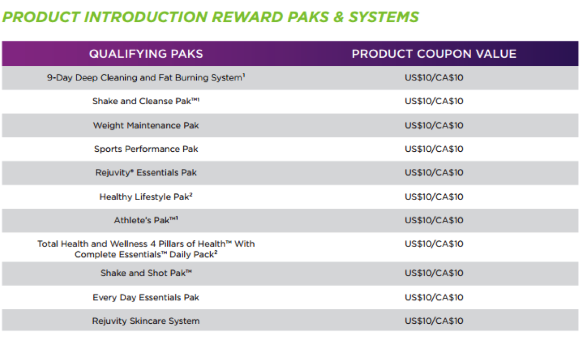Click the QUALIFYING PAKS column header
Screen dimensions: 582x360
tap(146, 54)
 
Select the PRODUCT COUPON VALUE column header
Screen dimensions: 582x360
tap(434, 54)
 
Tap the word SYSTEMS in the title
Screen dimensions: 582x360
tap(383, 17)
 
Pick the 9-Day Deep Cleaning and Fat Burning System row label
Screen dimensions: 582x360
tap(146, 78)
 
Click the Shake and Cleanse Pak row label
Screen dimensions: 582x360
tap(146, 101)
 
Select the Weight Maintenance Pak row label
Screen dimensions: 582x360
tap(146, 125)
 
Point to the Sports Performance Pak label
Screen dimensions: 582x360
tap(146, 149)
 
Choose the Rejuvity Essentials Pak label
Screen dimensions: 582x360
tap(146, 172)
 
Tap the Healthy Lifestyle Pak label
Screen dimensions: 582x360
tap(146, 197)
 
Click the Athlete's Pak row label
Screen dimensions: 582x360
tap(146, 220)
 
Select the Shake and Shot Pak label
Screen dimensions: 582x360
tap(146, 273)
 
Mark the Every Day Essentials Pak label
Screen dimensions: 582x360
tap(146, 297)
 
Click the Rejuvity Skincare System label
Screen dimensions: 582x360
tap(146, 321)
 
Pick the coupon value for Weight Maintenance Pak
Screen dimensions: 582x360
tap(434, 125)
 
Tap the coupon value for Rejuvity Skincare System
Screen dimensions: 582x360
tap(434, 321)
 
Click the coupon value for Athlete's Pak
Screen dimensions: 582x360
tap(434, 221)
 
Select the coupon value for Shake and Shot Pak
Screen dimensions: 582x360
tap(434, 273)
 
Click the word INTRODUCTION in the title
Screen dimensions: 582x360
tap(146, 17)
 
